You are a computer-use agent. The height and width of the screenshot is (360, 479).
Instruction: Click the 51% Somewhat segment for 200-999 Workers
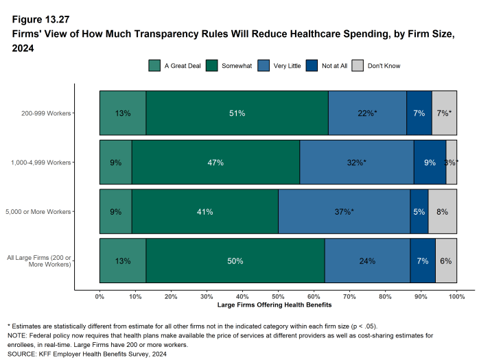pos(237,112)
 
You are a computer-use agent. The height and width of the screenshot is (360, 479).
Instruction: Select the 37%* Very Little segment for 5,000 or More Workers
pos(344,212)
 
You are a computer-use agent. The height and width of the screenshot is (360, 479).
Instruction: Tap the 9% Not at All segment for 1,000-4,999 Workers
pos(430,163)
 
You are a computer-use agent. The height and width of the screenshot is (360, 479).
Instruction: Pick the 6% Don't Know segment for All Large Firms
pos(446,261)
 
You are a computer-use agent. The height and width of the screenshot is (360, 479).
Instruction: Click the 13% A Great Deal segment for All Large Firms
pos(123,261)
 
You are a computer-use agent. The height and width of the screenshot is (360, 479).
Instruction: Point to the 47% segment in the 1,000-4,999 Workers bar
pos(215,163)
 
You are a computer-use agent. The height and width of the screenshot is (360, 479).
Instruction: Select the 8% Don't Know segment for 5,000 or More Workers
pos(442,212)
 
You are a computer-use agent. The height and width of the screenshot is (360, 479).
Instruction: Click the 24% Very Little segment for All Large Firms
pos(367,261)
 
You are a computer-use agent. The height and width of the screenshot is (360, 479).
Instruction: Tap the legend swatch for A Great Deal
pos(154,66)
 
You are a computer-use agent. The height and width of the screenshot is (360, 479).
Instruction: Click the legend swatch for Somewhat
pos(211,66)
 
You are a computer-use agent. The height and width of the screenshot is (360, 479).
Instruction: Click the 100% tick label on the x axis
pos(456,296)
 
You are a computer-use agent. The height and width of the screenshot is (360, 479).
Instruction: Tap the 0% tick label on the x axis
pos(100,296)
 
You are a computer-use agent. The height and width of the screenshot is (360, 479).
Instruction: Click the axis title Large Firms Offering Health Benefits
pos(278,304)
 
